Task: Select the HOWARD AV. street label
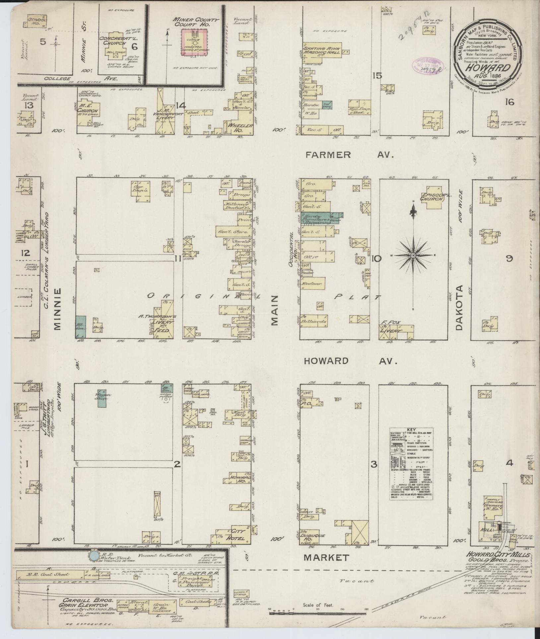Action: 350,361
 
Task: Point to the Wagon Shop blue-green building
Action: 102,399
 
